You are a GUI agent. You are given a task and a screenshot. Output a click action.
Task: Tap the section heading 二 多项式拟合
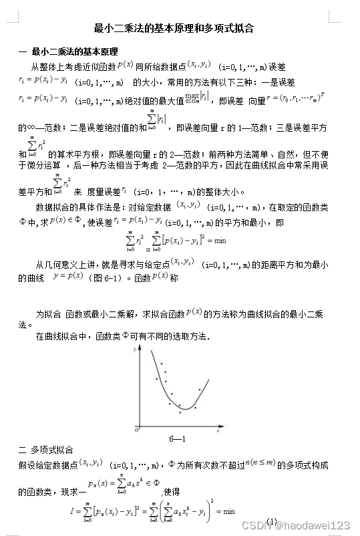click(46, 449)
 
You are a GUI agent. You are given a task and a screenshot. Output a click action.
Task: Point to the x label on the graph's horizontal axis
click(218, 432)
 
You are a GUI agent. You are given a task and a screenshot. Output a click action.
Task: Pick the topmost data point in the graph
click(160, 364)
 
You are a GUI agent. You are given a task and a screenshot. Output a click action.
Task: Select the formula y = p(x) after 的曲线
click(67, 276)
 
